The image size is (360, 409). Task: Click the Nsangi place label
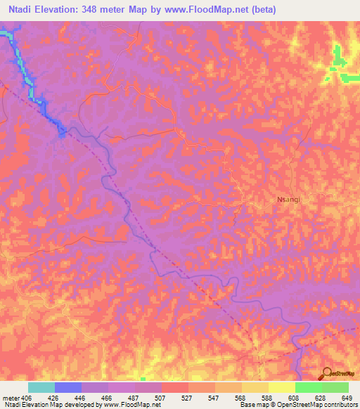click(288, 200)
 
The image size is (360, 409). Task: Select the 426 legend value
click(54, 398)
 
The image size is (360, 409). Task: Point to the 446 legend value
click(81, 398)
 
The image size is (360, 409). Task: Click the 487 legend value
click(134, 398)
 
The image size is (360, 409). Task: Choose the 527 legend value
click(188, 398)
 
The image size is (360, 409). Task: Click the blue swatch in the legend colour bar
click(67, 387)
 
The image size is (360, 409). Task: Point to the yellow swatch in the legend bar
click(281, 387)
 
